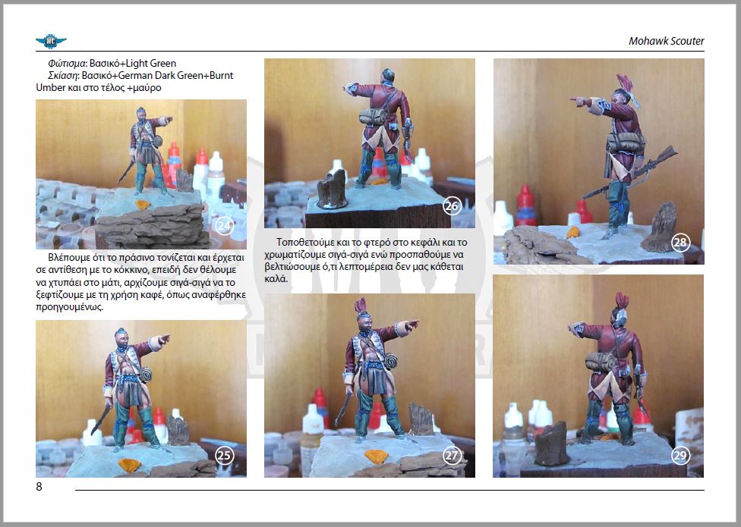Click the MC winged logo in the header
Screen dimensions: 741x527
(x=51, y=42)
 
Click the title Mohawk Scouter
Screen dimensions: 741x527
(x=667, y=41)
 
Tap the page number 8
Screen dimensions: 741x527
(x=39, y=486)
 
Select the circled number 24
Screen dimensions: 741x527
(x=224, y=226)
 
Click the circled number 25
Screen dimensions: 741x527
(x=225, y=455)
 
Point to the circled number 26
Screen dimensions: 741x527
(x=452, y=205)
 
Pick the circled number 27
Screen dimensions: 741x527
(x=452, y=455)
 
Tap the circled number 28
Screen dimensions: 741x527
(x=680, y=243)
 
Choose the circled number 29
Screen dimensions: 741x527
(x=680, y=455)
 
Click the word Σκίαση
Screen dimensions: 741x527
(x=63, y=76)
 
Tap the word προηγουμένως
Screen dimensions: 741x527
(x=70, y=307)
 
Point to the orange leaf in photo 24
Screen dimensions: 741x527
(x=142, y=205)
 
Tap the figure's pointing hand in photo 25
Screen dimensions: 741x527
(x=163, y=339)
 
